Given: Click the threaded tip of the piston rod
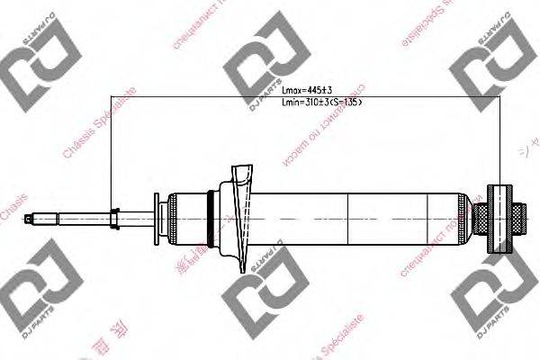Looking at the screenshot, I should [x=40, y=215].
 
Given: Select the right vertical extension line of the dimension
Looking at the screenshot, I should [x=499, y=135].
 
